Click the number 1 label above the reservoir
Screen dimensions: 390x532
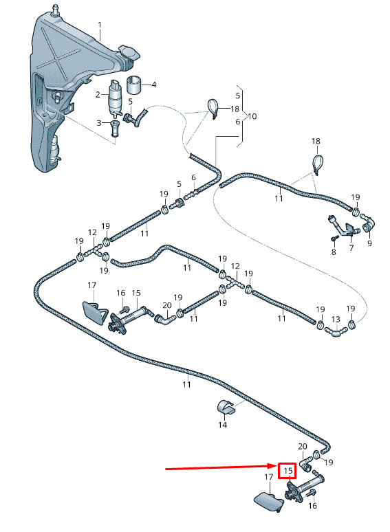100,25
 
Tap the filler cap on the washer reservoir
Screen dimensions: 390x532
129,53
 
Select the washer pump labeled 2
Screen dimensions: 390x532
115,98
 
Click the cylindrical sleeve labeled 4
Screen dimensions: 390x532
134,85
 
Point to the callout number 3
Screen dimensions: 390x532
99,122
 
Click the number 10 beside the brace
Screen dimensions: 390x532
252,117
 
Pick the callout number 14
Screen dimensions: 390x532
222,425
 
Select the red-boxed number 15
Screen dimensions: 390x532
288,471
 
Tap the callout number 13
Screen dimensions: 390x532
336,319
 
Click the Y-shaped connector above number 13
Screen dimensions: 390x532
336,331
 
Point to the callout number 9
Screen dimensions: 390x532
369,243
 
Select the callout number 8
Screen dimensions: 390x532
334,252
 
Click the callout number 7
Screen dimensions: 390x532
351,248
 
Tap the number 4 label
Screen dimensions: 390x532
154,85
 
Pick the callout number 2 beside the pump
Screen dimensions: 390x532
98,94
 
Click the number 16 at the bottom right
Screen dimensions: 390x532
312,505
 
